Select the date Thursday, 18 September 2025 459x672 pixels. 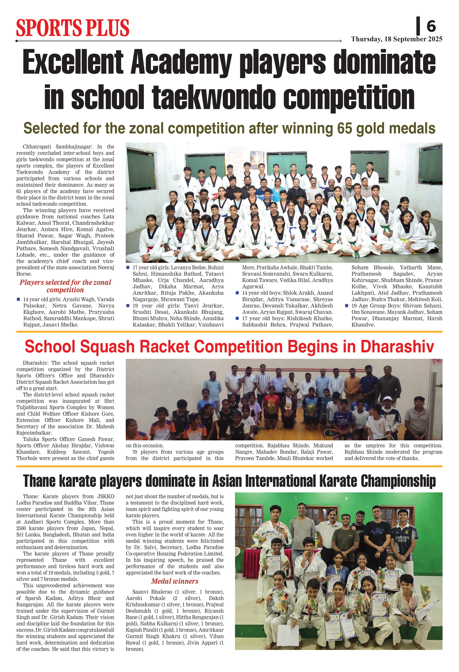pyautogui.click(x=397, y=39)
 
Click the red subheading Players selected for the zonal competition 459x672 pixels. pyautogui.click(x=65, y=286)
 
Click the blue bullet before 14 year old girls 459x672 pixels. pyautogui.click(x=19, y=299)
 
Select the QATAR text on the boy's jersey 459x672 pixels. pyautogui.click(x=342, y=420)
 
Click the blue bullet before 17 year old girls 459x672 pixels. pyautogui.click(x=128, y=267)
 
